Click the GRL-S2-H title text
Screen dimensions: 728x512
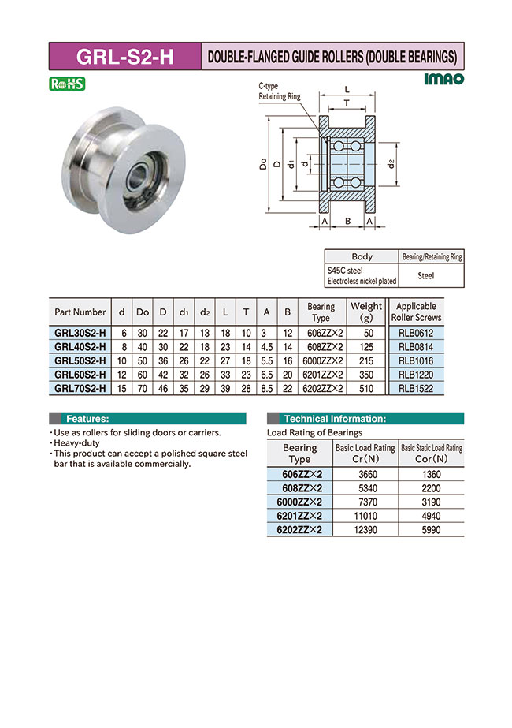click(124, 57)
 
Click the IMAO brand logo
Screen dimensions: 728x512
click(444, 79)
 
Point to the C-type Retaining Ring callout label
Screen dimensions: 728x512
click(279, 91)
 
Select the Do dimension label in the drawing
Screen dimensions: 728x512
click(262, 164)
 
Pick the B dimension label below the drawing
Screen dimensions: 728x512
click(347, 222)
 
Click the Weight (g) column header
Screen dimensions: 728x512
click(366, 312)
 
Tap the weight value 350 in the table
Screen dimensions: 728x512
click(366, 375)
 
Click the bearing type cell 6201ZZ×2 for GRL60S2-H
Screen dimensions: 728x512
click(321, 375)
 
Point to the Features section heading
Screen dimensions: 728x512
click(87, 419)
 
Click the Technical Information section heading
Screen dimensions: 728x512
click(334, 419)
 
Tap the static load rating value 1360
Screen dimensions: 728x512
click(431, 475)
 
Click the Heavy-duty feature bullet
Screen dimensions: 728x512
click(77, 443)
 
